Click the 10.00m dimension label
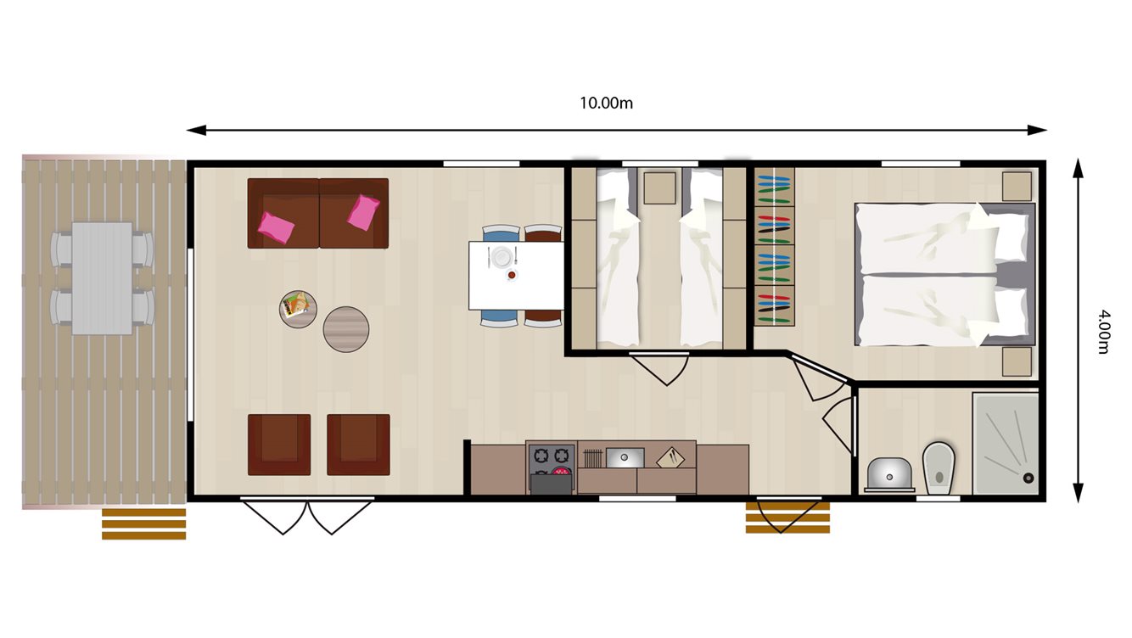tap(606, 104)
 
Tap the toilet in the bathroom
tap(939, 466)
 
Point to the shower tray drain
tap(1029, 478)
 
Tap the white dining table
tap(516, 276)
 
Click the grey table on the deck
tap(102, 278)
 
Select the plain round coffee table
tap(346, 329)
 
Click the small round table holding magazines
tap(298, 306)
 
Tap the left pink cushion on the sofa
tap(277, 226)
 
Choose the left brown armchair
tap(279, 445)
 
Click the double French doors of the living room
tap(307, 516)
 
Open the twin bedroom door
tap(659, 368)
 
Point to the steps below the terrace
tap(143, 523)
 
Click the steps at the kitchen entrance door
tap(787, 518)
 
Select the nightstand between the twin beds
tap(659, 188)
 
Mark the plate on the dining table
tap(502, 256)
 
